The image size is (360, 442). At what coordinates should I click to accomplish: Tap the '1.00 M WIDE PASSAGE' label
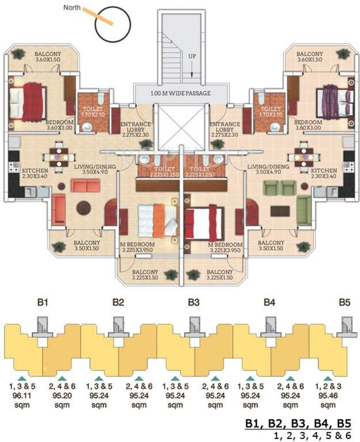[180, 93]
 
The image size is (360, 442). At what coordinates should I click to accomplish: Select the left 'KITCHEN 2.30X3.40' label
[34, 174]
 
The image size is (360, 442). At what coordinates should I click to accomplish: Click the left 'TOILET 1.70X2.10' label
[89, 111]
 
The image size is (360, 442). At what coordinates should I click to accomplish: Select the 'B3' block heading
[194, 302]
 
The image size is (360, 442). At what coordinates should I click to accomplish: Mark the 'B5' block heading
[344, 302]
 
